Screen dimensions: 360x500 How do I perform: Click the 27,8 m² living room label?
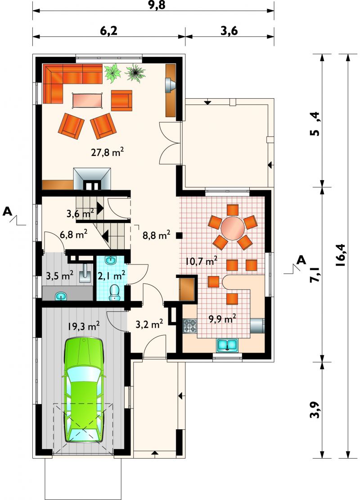(108, 152)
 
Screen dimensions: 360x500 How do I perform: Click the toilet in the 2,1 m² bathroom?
(114, 292)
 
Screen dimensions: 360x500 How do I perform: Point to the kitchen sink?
(227, 345)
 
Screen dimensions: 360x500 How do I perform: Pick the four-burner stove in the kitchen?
(190, 326)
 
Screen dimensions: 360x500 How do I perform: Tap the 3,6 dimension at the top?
(229, 31)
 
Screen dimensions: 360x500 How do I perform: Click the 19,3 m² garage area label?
(83, 326)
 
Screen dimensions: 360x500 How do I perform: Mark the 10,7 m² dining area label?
(202, 261)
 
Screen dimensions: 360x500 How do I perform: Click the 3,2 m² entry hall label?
(149, 325)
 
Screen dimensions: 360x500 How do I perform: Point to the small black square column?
(180, 236)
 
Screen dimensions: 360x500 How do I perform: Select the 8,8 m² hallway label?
(157, 235)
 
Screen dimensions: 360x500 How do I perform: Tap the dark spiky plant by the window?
(135, 73)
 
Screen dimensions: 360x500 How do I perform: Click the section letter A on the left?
(8, 211)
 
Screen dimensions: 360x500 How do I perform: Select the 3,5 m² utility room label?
(59, 276)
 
